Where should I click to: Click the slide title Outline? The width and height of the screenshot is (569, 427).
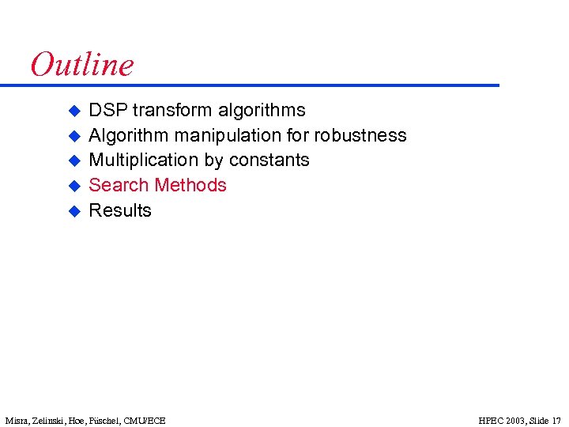[x=82, y=64]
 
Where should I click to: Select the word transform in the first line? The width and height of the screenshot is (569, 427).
[x=172, y=110]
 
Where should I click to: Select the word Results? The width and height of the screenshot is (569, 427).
[x=120, y=210]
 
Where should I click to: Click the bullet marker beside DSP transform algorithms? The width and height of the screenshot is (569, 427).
[x=73, y=111]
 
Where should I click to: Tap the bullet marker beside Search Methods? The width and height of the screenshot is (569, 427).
[x=73, y=186]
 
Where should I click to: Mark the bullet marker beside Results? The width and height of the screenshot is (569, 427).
[x=73, y=211]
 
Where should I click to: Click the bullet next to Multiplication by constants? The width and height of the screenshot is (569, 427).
[x=73, y=161]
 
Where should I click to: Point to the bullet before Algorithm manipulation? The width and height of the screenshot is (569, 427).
[x=73, y=136]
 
